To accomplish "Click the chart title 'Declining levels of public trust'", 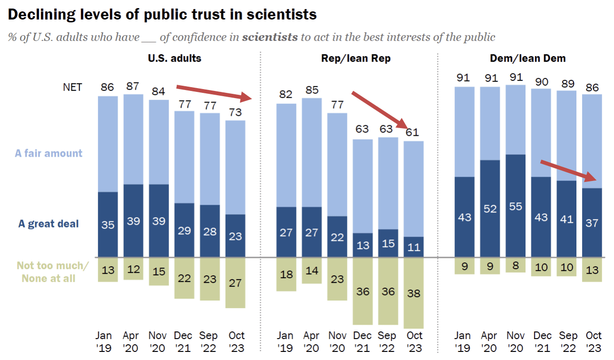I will [162, 14].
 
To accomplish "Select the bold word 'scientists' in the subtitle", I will [270, 37].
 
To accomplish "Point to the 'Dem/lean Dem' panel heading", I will [528, 59].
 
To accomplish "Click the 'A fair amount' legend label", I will [49, 153].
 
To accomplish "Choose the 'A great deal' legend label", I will [49, 224].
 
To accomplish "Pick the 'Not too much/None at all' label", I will [52, 272].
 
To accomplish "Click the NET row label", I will [72, 87].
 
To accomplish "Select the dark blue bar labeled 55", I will [515, 206].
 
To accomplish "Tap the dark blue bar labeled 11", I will [414, 247].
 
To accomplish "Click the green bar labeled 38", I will [414, 293].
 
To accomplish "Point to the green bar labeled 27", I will [235, 282].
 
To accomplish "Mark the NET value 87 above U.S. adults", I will [133, 86].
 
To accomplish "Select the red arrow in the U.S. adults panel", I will [214, 93].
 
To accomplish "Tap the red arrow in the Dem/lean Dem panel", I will [569, 171].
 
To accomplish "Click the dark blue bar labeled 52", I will [490, 209].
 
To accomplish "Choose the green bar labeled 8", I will [515, 265].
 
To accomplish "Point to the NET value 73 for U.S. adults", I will [235, 112].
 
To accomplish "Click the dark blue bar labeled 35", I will [108, 224].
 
